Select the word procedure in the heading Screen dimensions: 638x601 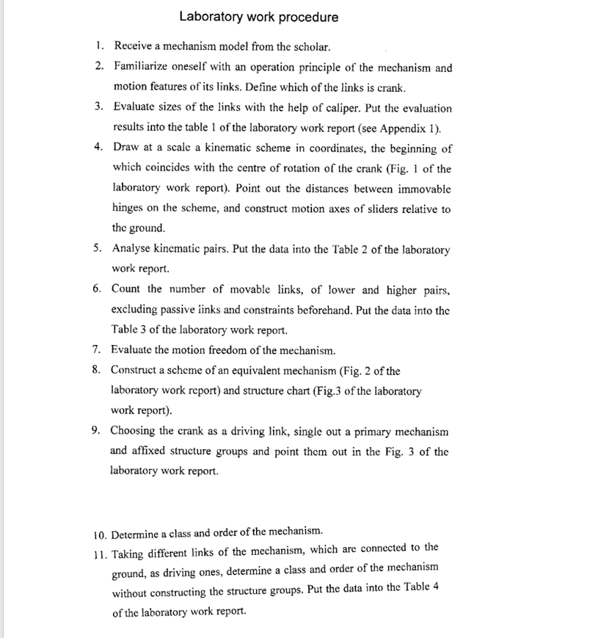point(308,17)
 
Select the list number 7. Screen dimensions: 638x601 point(98,349)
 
